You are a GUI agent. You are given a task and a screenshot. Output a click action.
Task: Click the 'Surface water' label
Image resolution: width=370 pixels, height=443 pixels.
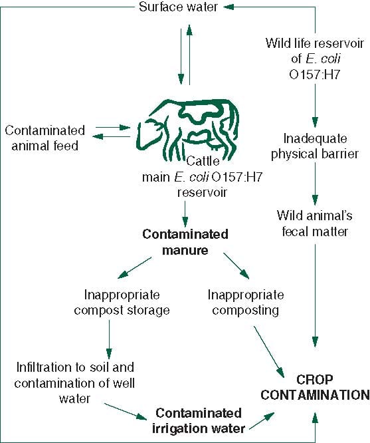coord(179,7)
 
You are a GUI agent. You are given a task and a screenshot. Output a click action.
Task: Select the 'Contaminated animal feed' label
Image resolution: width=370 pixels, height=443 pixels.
coord(45,138)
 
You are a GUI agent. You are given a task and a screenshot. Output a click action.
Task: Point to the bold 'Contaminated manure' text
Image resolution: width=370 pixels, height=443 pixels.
coord(185,242)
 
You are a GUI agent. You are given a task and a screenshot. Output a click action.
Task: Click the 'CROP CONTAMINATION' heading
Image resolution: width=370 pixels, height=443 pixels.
coord(315,387)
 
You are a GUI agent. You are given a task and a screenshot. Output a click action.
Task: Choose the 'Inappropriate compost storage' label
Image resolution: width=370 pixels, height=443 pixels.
coord(122,302)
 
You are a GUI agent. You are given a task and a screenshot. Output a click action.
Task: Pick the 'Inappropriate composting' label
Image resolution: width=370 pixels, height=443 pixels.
coord(246,302)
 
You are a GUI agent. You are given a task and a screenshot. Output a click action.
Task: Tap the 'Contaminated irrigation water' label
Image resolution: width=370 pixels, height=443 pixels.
coord(199,420)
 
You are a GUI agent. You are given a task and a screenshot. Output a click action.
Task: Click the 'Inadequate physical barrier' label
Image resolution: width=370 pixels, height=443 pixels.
coord(315,146)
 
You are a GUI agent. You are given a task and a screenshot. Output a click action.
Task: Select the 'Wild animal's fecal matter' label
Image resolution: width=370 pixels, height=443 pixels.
coord(315,223)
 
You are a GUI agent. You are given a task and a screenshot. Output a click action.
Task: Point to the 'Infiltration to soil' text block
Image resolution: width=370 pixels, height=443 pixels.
coord(74,383)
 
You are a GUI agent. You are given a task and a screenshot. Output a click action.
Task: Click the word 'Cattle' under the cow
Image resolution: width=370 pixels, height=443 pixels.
coord(203,161)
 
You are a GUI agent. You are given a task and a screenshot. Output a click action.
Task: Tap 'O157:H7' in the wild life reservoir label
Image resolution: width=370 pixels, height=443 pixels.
coord(315,74)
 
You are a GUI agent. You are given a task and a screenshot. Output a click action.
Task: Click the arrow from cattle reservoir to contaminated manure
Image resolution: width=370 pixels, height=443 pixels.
coord(185,214)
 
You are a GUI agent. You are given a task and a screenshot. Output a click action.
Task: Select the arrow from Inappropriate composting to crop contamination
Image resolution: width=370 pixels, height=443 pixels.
coord(269,351)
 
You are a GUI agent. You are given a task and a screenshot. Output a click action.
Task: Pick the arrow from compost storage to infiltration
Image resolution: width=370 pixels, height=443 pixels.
coord(109,339)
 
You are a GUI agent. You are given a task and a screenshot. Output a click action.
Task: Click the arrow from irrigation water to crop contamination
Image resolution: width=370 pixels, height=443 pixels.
coord(262,421)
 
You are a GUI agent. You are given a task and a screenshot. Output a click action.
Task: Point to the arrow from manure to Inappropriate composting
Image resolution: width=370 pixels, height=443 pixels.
coord(236,266)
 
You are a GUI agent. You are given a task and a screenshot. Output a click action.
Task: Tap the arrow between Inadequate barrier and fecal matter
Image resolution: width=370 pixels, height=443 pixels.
coord(315,184)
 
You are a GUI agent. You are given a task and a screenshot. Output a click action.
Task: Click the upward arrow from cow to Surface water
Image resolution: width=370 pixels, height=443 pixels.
coord(189,55)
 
